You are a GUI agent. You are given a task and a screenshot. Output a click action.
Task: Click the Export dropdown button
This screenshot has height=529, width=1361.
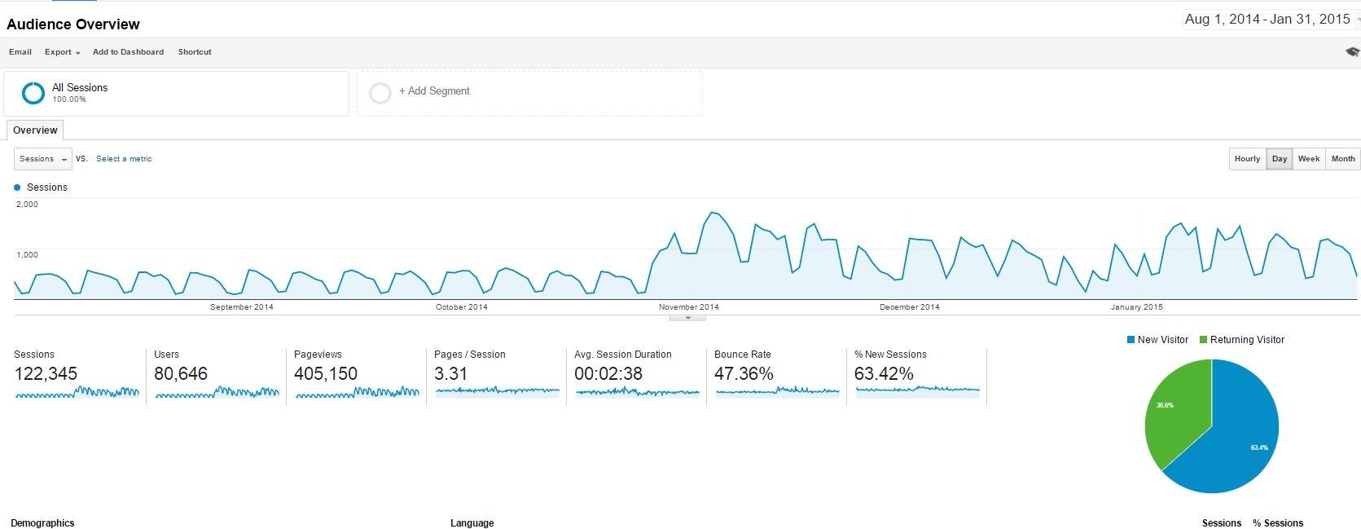tap(62, 52)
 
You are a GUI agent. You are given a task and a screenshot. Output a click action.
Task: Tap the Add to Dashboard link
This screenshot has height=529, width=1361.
tap(128, 52)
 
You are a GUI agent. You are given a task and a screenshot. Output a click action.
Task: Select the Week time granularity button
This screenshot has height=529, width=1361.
tap(1308, 159)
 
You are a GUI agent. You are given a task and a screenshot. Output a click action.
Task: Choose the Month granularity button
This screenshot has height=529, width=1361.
tap(1342, 159)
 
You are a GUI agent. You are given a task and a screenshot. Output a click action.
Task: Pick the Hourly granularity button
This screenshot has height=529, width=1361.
tap(1247, 159)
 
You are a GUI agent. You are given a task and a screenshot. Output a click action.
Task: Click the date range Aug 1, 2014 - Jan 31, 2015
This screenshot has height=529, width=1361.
tap(1267, 20)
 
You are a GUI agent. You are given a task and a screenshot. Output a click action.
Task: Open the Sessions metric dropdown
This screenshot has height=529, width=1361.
tap(43, 159)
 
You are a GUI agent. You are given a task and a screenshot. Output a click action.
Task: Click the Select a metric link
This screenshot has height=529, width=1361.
tap(124, 159)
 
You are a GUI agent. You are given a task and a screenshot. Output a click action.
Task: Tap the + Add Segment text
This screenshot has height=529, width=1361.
tap(434, 91)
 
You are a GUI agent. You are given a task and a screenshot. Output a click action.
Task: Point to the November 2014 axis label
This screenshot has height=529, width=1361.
tap(688, 307)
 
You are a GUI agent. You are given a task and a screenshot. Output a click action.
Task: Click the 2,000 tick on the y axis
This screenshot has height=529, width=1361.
tap(27, 205)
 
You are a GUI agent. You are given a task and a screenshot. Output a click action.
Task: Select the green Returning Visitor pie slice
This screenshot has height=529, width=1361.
tap(1173, 416)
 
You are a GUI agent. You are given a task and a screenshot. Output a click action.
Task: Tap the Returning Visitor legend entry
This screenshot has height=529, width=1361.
tap(1246, 340)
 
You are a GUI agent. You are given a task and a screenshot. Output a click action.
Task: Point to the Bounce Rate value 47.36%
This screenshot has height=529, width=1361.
tap(743, 374)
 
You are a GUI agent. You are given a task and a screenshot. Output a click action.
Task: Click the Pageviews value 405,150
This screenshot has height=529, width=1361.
tap(325, 374)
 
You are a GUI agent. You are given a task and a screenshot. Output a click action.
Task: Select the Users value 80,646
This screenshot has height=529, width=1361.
tap(181, 374)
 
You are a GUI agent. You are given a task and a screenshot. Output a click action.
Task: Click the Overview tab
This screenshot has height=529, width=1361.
tap(35, 130)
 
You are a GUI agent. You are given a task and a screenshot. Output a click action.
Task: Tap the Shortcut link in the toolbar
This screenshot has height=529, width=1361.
tap(195, 52)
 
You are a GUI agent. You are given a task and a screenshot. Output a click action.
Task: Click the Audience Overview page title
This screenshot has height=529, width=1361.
tap(73, 24)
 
